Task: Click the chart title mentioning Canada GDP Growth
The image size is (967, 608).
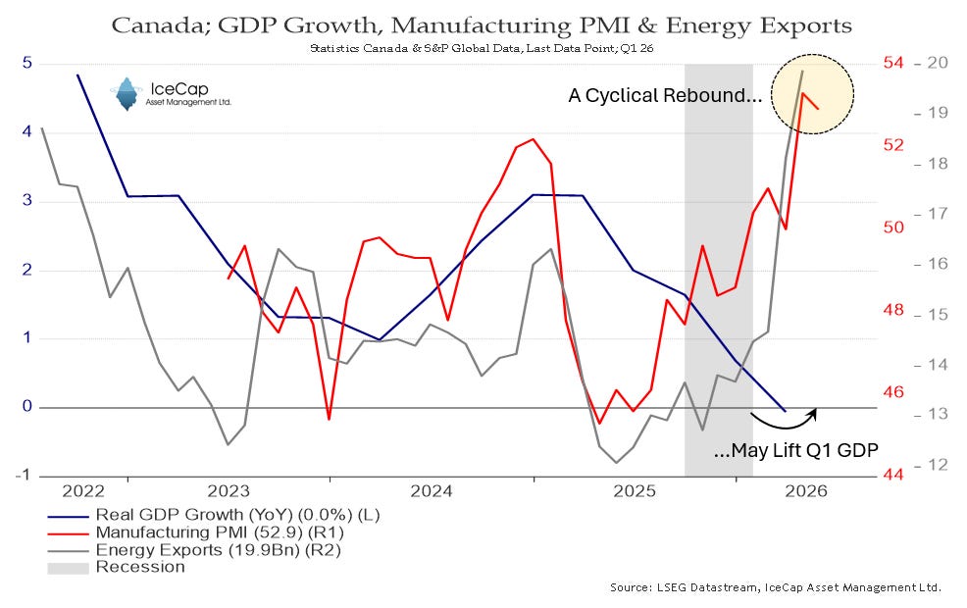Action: [x=481, y=25]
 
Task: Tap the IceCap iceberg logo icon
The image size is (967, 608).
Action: [x=127, y=94]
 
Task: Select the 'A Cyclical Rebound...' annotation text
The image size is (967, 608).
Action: [x=665, y=95]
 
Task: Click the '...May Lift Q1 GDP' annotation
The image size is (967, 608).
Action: [x=795, y=450]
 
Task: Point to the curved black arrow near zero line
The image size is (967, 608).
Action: [x=785, y=426]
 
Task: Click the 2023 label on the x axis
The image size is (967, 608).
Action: [x=229, y=491]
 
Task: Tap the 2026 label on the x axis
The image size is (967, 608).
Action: [x=805, y=491]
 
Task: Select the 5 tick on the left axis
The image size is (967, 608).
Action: [x=27, y=63]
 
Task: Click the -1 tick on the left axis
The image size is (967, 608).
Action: [x=24, y=475]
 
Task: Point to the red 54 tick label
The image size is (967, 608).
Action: [x=893, y=63]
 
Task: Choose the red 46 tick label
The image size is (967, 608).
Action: [x=893, y=391]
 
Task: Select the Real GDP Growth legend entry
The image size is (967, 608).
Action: [x=214, y=515]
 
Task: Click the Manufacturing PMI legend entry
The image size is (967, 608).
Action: [x=195, y=532]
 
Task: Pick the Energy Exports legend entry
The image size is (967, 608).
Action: [x=194, y=549]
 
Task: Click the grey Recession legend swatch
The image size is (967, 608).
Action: [x=68, y=567]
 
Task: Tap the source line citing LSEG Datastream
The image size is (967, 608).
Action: [x=776, y=587]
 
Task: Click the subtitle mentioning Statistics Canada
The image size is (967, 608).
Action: [x=481, y=48]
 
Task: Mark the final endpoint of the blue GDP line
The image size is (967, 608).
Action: [x=785, y=411]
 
